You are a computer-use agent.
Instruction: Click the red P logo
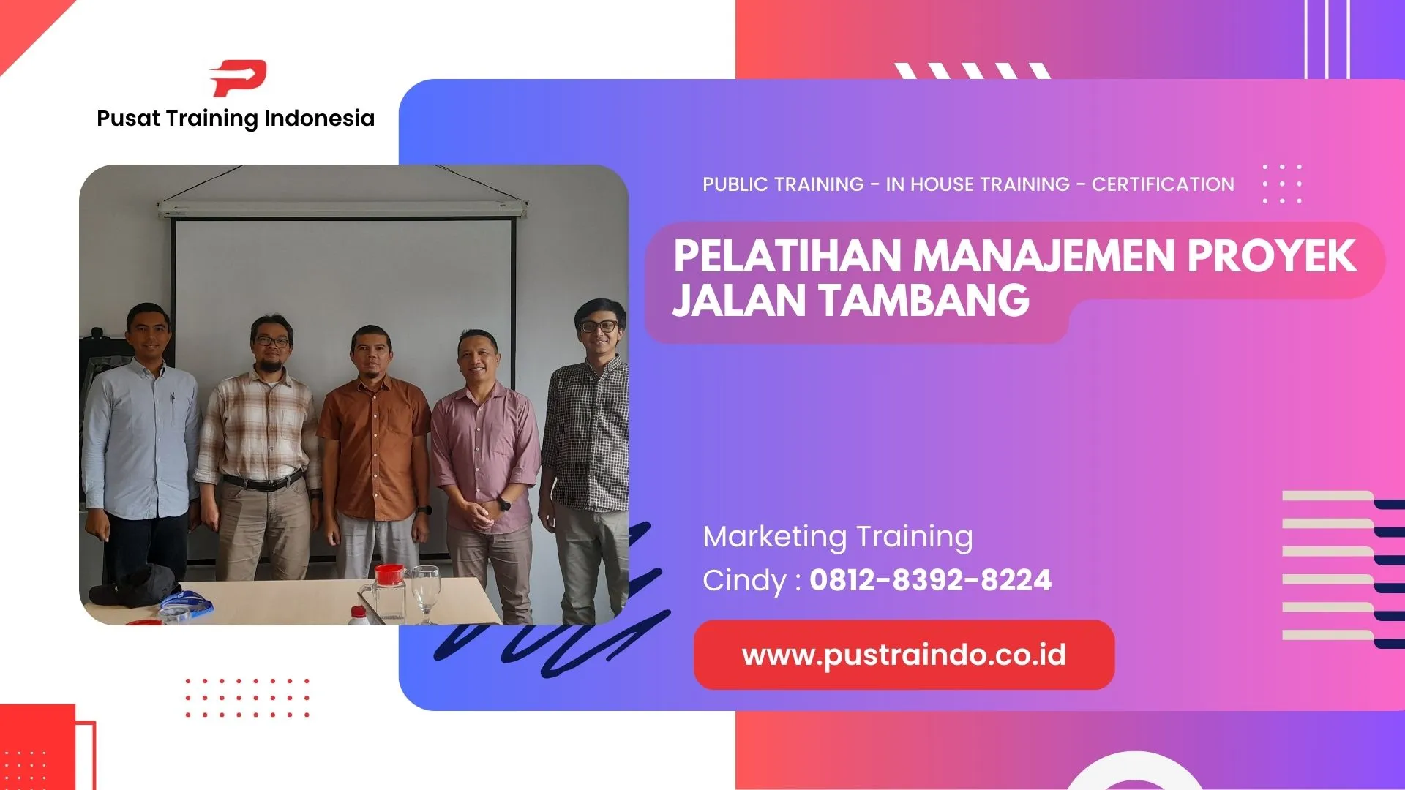click(x=239, y=78)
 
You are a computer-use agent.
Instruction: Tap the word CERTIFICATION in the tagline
click(x=1162, y=184)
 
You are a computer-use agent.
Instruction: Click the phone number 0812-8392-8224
click(x=930, y=580)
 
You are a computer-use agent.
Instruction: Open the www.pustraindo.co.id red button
click(x=904, y=655)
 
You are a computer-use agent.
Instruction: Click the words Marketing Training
click(x=837, y=536)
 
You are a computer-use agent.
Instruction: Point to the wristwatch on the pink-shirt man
click(x=504, y=504)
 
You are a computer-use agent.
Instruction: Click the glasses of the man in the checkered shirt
click(x=599, y=326)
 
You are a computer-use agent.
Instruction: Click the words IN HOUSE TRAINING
click(x=978, y=184)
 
